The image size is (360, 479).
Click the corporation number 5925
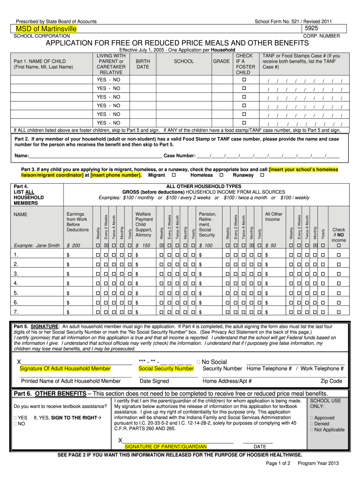coord(312,29)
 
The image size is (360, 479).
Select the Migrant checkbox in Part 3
coord(174,175)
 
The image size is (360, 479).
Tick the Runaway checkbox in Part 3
coord(262,175)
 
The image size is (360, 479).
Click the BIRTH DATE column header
coord(143,64)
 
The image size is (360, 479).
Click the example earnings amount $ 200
coord(74,246)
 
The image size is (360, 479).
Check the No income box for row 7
coord(339,312)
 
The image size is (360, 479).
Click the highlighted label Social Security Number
coord(166,369)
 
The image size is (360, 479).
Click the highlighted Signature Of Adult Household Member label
coord(65,369)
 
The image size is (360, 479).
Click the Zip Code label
coord(331,381)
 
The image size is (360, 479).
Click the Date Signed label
coord(154,381)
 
